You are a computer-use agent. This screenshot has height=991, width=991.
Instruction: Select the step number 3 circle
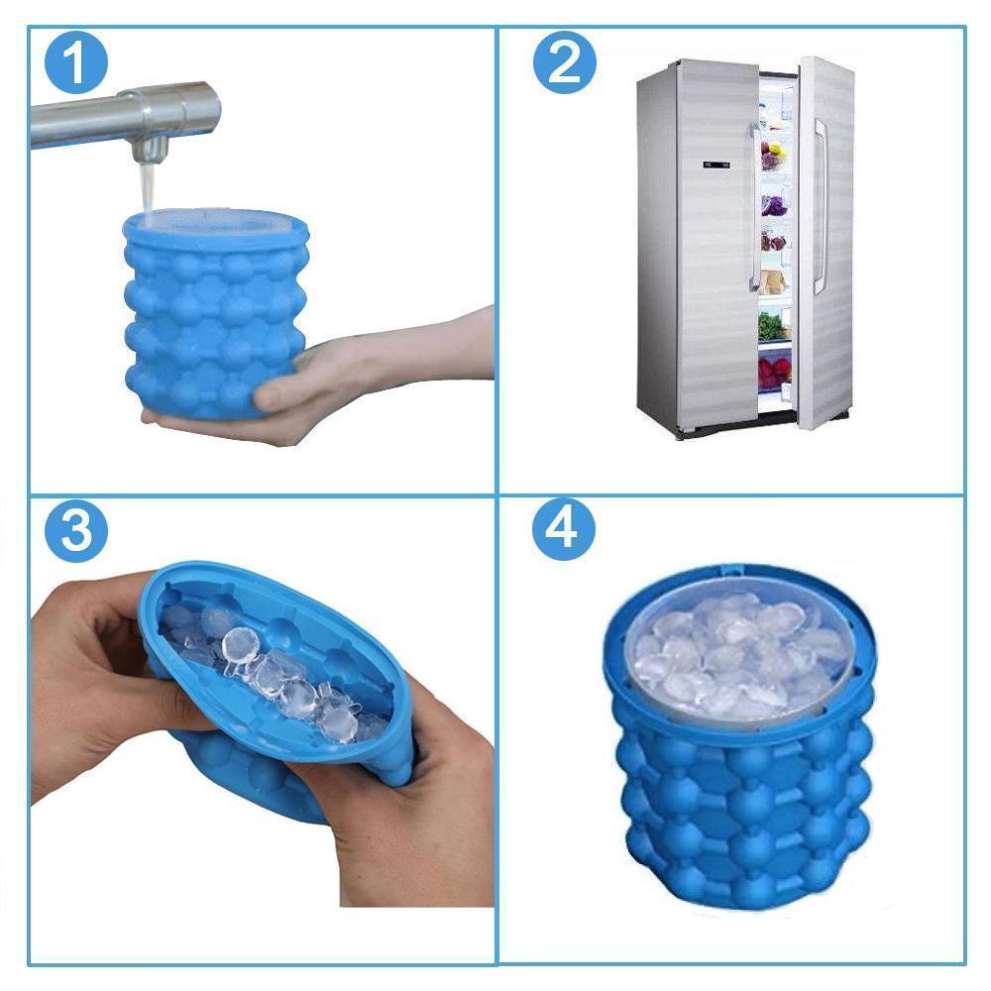[75, 531]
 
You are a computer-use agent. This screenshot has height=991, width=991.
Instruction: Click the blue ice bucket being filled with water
[213, 307]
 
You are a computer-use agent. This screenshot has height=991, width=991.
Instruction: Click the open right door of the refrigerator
[826, 238]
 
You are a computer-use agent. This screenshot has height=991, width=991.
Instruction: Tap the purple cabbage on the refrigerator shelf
[774, 206]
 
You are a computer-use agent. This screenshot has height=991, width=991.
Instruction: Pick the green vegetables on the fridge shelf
[772, 325]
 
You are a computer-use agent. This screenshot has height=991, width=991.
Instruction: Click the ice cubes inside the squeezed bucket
[287, 684]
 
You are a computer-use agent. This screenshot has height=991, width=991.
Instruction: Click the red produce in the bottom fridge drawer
[774, 372]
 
